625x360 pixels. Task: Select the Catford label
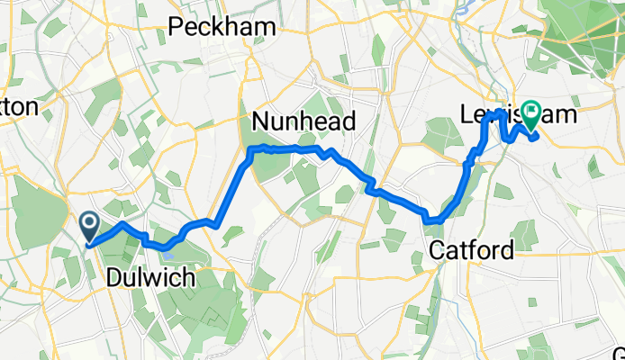click(472, 248)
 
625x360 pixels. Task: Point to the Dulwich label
click(150, 278)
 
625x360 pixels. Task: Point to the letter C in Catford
click(437, 248)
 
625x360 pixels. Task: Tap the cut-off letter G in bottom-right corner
click(620, 351)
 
